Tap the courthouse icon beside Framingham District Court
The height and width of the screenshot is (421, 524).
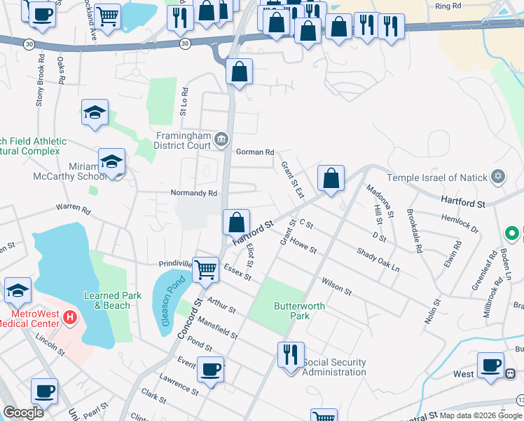(x=222, y=140)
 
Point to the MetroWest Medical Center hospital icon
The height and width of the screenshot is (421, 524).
(x=70, y=318)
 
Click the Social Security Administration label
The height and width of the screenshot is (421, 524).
(x=334, y=367)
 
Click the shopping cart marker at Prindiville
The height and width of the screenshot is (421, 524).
(x=205, y=269)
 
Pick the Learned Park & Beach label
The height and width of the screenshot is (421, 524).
(x=107, y=300)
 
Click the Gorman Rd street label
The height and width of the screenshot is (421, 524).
(x=255, y=152)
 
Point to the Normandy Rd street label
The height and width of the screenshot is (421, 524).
(x=194, y=192)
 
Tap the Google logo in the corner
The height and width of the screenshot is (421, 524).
(x=23, y=413)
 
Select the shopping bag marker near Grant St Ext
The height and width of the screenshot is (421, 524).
(x=331, y=178)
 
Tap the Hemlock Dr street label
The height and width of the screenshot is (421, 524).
(x=460, y=223)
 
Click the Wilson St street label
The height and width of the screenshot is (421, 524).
(x=336, y=286)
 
